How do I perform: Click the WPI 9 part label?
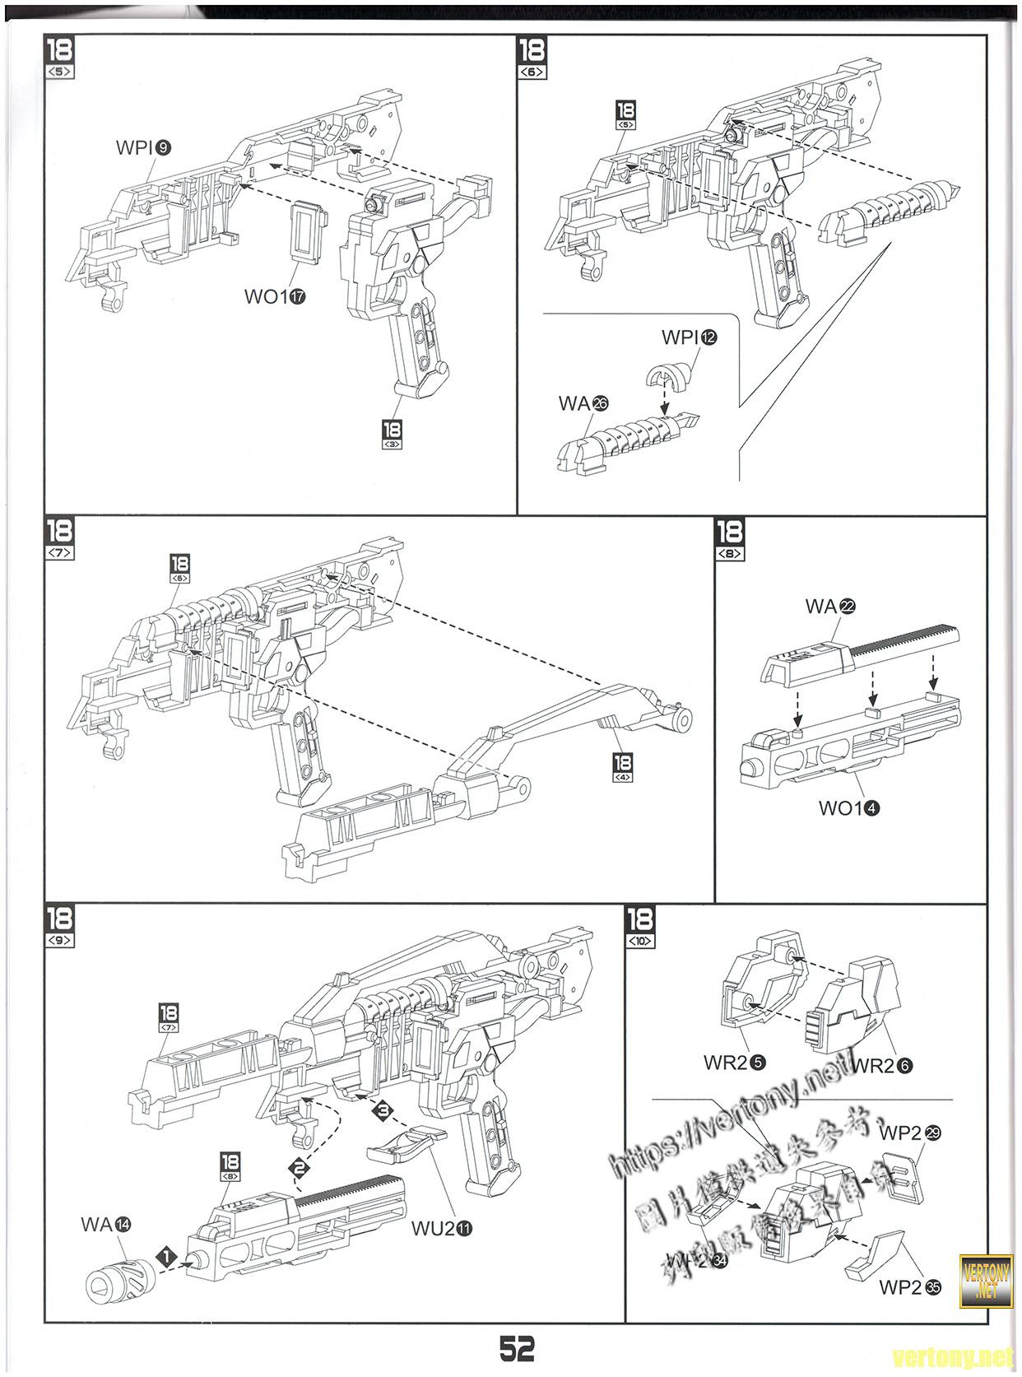pos(144,148)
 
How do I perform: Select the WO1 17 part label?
pos(275,296)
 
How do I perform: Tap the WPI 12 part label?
pos(689,337)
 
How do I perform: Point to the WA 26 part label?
pos(583,403)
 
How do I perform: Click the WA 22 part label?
pos(830,607)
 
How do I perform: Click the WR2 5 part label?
pos(735,1063)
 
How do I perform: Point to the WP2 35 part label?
pos(910,1287)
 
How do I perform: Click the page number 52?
pos(517,1347)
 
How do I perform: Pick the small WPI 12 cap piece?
pos(667,376)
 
